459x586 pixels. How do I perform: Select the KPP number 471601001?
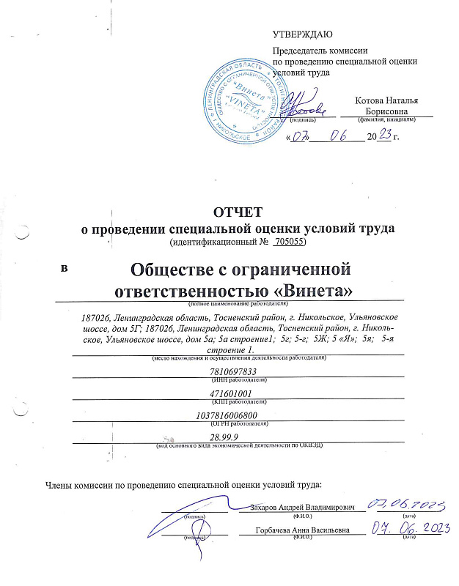[232, 394]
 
